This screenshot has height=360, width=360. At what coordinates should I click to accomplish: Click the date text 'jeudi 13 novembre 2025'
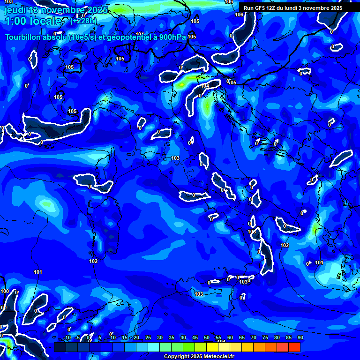tap(56, 10)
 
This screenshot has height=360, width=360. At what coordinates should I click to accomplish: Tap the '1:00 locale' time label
tap(33, 22)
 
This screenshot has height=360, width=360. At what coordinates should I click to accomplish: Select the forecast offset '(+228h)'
tap(83, 21)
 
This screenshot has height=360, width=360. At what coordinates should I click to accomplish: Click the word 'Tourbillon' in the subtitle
tap(24, 37)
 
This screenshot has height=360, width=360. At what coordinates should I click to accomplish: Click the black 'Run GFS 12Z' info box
tap(299, 8)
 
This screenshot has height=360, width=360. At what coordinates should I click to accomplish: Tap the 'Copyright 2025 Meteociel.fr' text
tap(199, 357)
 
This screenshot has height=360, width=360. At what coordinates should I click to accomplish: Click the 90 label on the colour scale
tap(300, 338)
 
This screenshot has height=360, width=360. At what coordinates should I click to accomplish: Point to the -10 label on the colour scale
tap(67, 338)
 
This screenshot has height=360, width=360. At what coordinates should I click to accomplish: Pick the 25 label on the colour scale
tap(148, 338)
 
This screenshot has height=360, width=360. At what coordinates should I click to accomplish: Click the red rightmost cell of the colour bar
tap(294, 347)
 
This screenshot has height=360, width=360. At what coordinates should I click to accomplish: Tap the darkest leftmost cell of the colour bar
tap(60, 347)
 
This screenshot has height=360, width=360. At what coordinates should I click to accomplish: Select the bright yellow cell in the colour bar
tap(224, 347)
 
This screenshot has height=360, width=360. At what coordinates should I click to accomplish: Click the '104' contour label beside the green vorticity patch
tap(205, 86)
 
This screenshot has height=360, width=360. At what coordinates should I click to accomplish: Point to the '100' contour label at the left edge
tap(5, 292)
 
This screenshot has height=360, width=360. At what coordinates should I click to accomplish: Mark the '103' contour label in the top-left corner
tap(8, 2)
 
